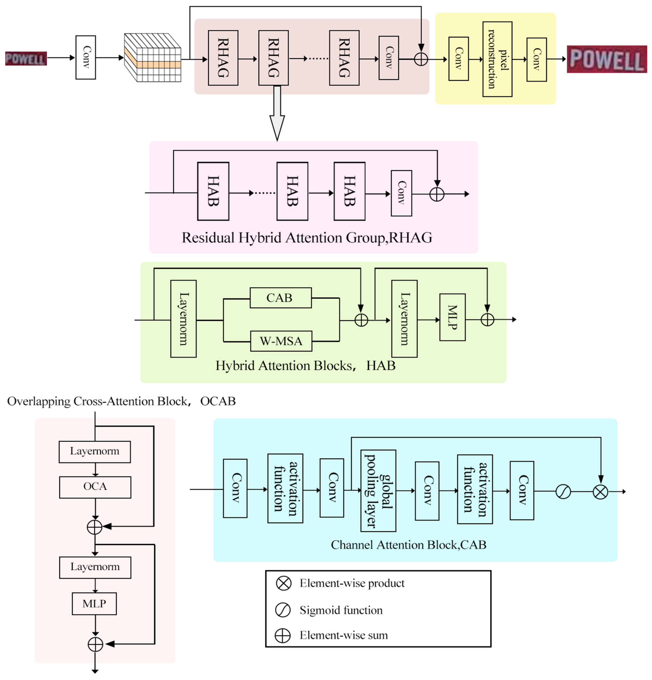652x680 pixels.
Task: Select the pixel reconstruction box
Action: (x=497, y=59)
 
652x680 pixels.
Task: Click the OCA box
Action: (x=95, y=486)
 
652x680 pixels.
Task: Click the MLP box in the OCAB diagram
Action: (x=94, y=603)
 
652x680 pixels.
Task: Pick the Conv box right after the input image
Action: (x=86, y=58)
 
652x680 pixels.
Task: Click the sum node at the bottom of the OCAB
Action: (x=95, y=644)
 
